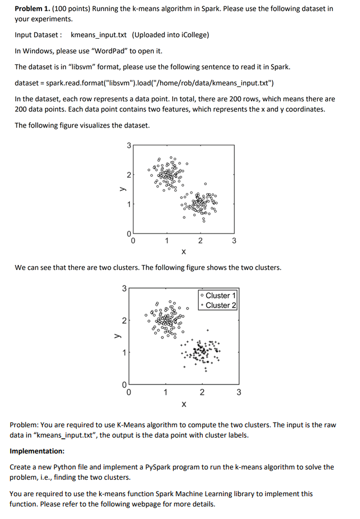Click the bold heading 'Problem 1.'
[x=33, y=9]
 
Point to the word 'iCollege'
[x=193, y=35]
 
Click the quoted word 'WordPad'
[x=117, y=51]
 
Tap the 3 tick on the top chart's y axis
[x=129, y=146]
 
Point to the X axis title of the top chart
[x=183, y=251]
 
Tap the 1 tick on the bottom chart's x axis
[x=165, y=393]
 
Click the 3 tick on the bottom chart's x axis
[x=239, y=393]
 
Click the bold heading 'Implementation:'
[x=37, y=451]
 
